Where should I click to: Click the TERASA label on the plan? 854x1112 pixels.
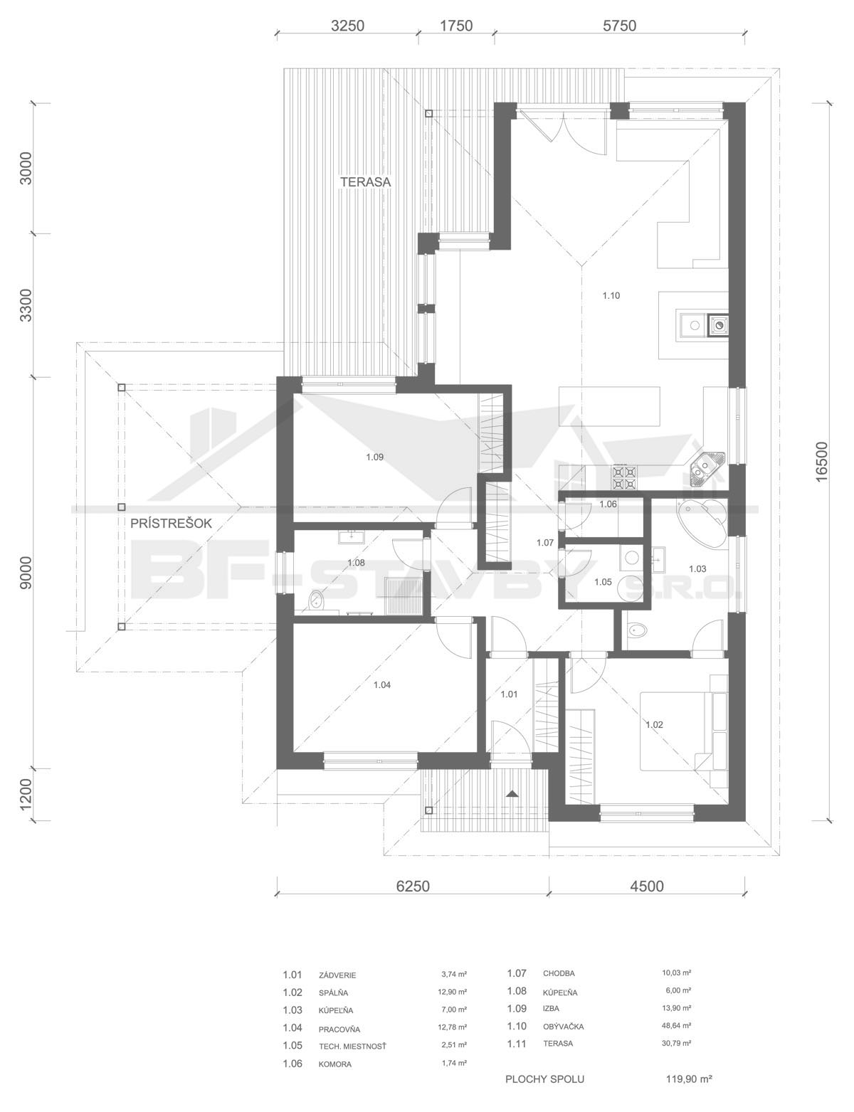coord(365,181)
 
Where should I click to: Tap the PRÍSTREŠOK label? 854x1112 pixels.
coord(171,523)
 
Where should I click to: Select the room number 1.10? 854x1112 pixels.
coord(611,295)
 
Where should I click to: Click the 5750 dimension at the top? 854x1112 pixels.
coord(619,26)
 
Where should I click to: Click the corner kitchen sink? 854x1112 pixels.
coord(707,467)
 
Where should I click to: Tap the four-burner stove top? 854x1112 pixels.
coord(623,477)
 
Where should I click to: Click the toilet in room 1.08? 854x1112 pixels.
coord(317,600)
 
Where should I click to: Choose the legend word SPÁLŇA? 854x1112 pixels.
coord(333,993)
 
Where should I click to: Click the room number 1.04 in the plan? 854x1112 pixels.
coord(381,684)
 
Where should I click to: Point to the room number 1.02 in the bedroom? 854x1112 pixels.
coord(654,725)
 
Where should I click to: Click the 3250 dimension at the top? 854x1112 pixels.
coord(347,26)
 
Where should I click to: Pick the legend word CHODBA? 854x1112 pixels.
coord(559,973)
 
